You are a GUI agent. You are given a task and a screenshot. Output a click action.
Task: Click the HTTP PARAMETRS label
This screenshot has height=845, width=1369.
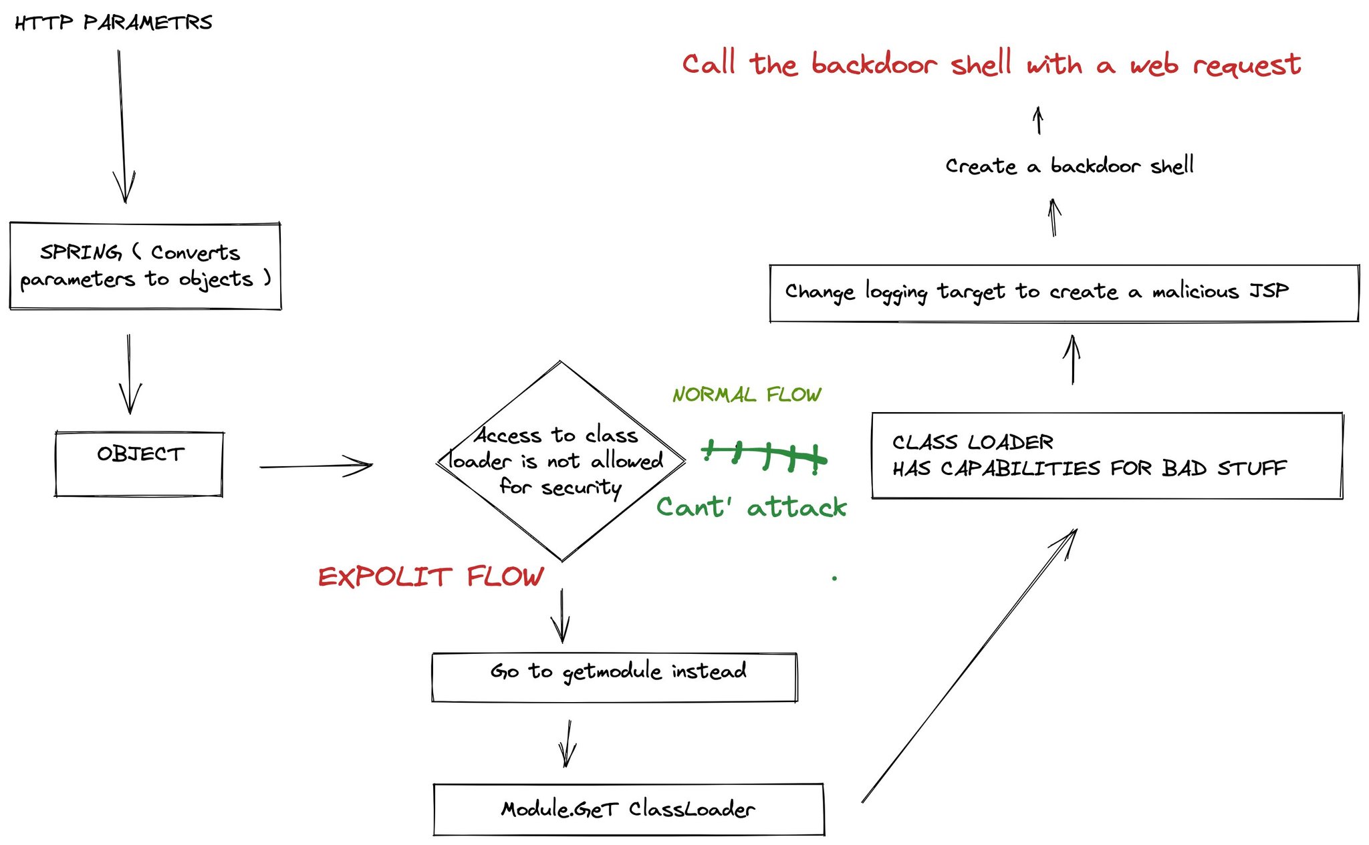click(114, 23)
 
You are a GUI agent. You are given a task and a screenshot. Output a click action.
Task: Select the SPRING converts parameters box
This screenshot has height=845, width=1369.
click(145, 266)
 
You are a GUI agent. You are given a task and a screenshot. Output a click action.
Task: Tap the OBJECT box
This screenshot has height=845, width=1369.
click(139, 464)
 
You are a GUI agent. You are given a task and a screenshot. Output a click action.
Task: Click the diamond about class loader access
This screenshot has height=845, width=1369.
click(560, 461)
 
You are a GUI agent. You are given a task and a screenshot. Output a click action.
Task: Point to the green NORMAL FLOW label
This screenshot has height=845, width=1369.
click(747, 395)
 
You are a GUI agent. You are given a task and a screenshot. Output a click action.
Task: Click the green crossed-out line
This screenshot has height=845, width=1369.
click(764, 456)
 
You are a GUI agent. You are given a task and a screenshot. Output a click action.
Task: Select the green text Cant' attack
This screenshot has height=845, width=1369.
click(751, 508)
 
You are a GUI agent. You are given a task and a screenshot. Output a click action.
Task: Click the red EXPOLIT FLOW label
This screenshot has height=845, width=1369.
click(431, 576)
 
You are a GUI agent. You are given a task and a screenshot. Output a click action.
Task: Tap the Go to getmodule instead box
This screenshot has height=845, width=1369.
click(615, 677)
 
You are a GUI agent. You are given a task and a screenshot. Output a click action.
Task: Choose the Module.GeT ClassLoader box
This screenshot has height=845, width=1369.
click(628, 810)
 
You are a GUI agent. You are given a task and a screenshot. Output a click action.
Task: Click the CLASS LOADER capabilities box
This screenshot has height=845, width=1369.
click(1107, 456)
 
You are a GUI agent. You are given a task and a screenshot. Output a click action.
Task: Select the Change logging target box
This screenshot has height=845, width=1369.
click(1064, 293)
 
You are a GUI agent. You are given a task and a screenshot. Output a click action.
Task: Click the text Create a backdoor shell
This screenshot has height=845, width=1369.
click(1070, 166)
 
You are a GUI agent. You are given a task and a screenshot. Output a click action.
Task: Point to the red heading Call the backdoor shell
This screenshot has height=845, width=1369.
click(991, 65)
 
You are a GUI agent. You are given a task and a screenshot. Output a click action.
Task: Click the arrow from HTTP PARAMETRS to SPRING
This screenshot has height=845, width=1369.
click(122, 127)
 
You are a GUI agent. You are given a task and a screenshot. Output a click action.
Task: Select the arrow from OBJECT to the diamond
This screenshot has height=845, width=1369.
click(316, 466)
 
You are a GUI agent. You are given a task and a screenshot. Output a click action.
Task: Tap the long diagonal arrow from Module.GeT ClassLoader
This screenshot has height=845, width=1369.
click(969, 665)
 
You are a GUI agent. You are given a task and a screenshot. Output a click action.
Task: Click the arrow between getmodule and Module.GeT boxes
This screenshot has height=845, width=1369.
click(568, 743)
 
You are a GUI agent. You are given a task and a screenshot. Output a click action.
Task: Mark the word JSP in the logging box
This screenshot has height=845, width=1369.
click(1269, 291)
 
